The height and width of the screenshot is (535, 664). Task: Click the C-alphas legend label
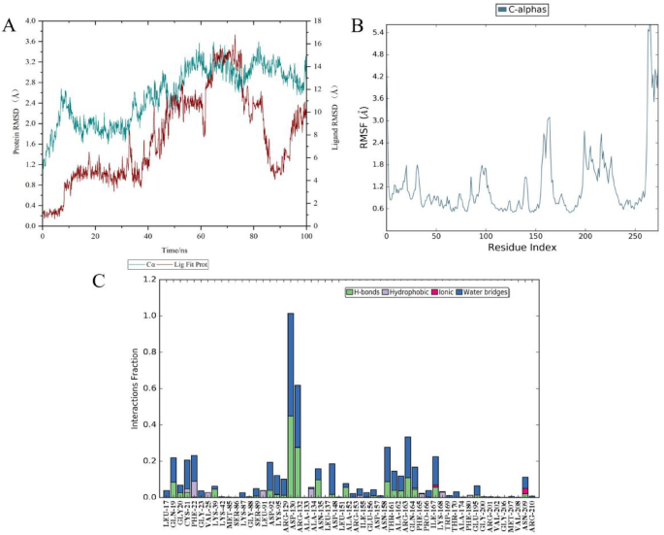(x=518, y=10)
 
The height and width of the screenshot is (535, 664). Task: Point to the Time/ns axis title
(x=173, y=249)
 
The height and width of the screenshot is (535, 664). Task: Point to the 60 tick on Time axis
(x=201, y=236)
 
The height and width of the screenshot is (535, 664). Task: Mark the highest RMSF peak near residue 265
(x=649, y=26)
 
